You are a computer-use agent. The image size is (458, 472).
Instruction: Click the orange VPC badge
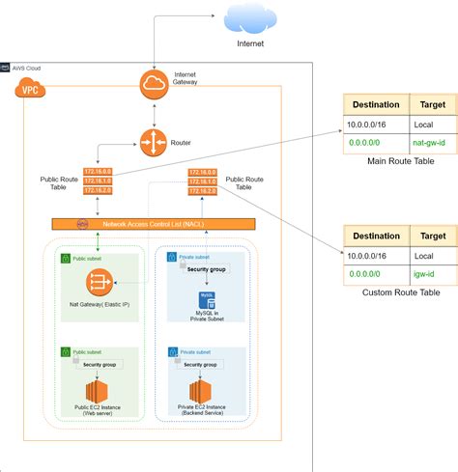pyautogui.click(x=30, y=89)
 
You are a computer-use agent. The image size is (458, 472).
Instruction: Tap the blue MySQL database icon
pyautogui.click(x=206, y=300)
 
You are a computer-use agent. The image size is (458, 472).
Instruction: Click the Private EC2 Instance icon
pyautogui.click(x=201, y=392)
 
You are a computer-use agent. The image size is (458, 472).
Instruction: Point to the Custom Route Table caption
pyautogui.click(x=401, y=292)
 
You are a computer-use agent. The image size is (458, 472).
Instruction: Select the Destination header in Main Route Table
pyautogui.click(x=376, y=105)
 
